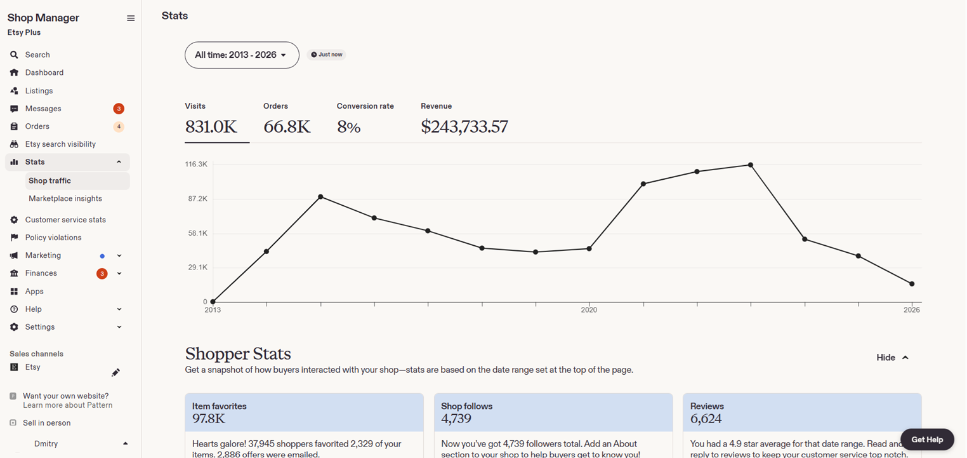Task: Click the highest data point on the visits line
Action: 751,165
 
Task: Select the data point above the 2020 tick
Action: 589,249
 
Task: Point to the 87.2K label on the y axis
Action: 198,199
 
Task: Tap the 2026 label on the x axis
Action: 912,310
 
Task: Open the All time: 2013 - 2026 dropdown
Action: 242,55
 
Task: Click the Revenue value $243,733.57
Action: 464,126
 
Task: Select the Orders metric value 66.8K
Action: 287,126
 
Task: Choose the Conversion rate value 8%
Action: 349,126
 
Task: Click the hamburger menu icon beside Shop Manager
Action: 131,18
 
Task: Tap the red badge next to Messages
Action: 119,109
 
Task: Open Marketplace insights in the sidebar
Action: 65,198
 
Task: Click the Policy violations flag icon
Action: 14,237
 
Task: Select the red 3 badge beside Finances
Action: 102,274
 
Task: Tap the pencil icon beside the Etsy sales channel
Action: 115,372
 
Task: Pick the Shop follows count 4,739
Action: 456,418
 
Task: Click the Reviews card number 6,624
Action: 706,418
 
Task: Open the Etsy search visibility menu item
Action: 60,144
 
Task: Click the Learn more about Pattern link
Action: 68,405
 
